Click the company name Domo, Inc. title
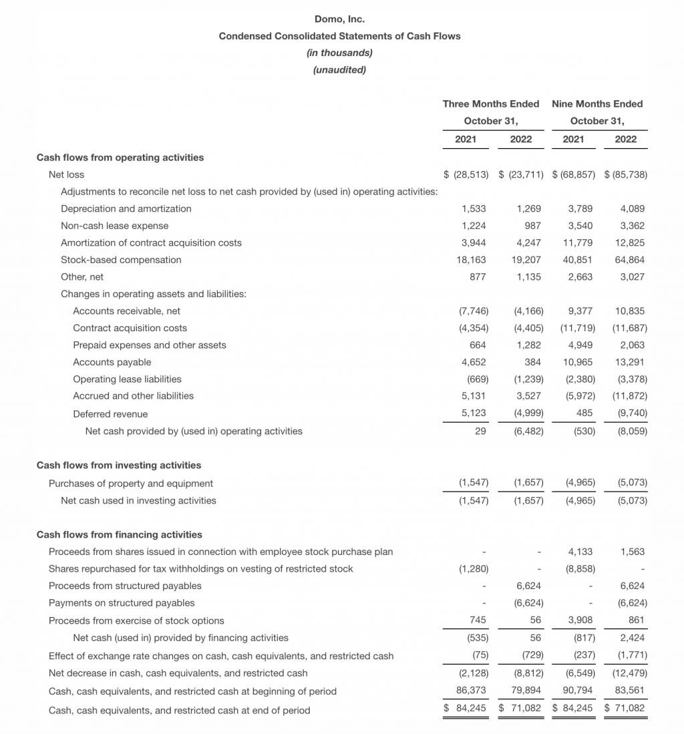339,19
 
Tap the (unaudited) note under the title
339,69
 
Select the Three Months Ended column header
491,104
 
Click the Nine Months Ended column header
597,104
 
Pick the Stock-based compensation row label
121,260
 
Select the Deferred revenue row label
110,414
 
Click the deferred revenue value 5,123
474,413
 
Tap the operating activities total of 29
480,431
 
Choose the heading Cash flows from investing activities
118,465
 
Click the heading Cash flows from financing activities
119,534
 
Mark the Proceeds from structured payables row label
125,586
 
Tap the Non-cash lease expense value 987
532,226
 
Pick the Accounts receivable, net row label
126,311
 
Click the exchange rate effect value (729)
529,656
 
